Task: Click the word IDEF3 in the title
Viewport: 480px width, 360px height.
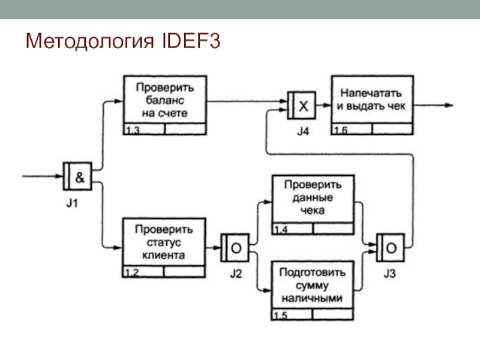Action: tap(191, 41)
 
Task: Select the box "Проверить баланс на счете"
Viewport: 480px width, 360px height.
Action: tap(165, 100)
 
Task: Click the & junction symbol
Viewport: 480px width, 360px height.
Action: tap(78, 176)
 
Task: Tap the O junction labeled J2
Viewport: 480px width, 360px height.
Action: tap(235, 247)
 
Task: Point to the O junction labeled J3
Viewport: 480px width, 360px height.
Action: tap(390, 247)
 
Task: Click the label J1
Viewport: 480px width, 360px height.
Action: tap(72, 203)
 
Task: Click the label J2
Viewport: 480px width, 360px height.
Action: tap(236, 274)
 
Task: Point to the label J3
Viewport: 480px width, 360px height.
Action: tap(391, 274)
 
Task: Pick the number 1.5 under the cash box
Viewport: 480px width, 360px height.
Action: tap(280, 316)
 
